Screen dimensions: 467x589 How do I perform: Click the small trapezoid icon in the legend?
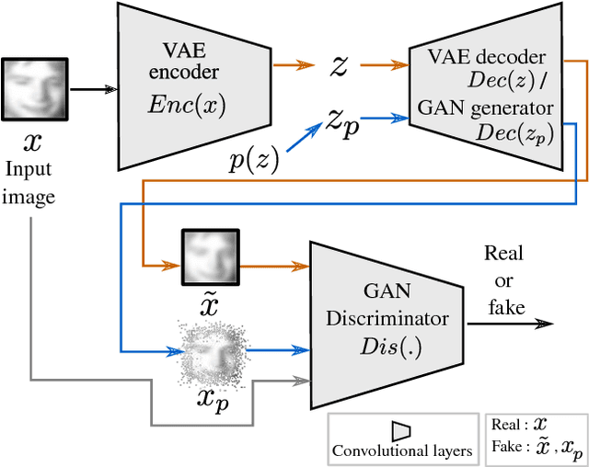(400, 430)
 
